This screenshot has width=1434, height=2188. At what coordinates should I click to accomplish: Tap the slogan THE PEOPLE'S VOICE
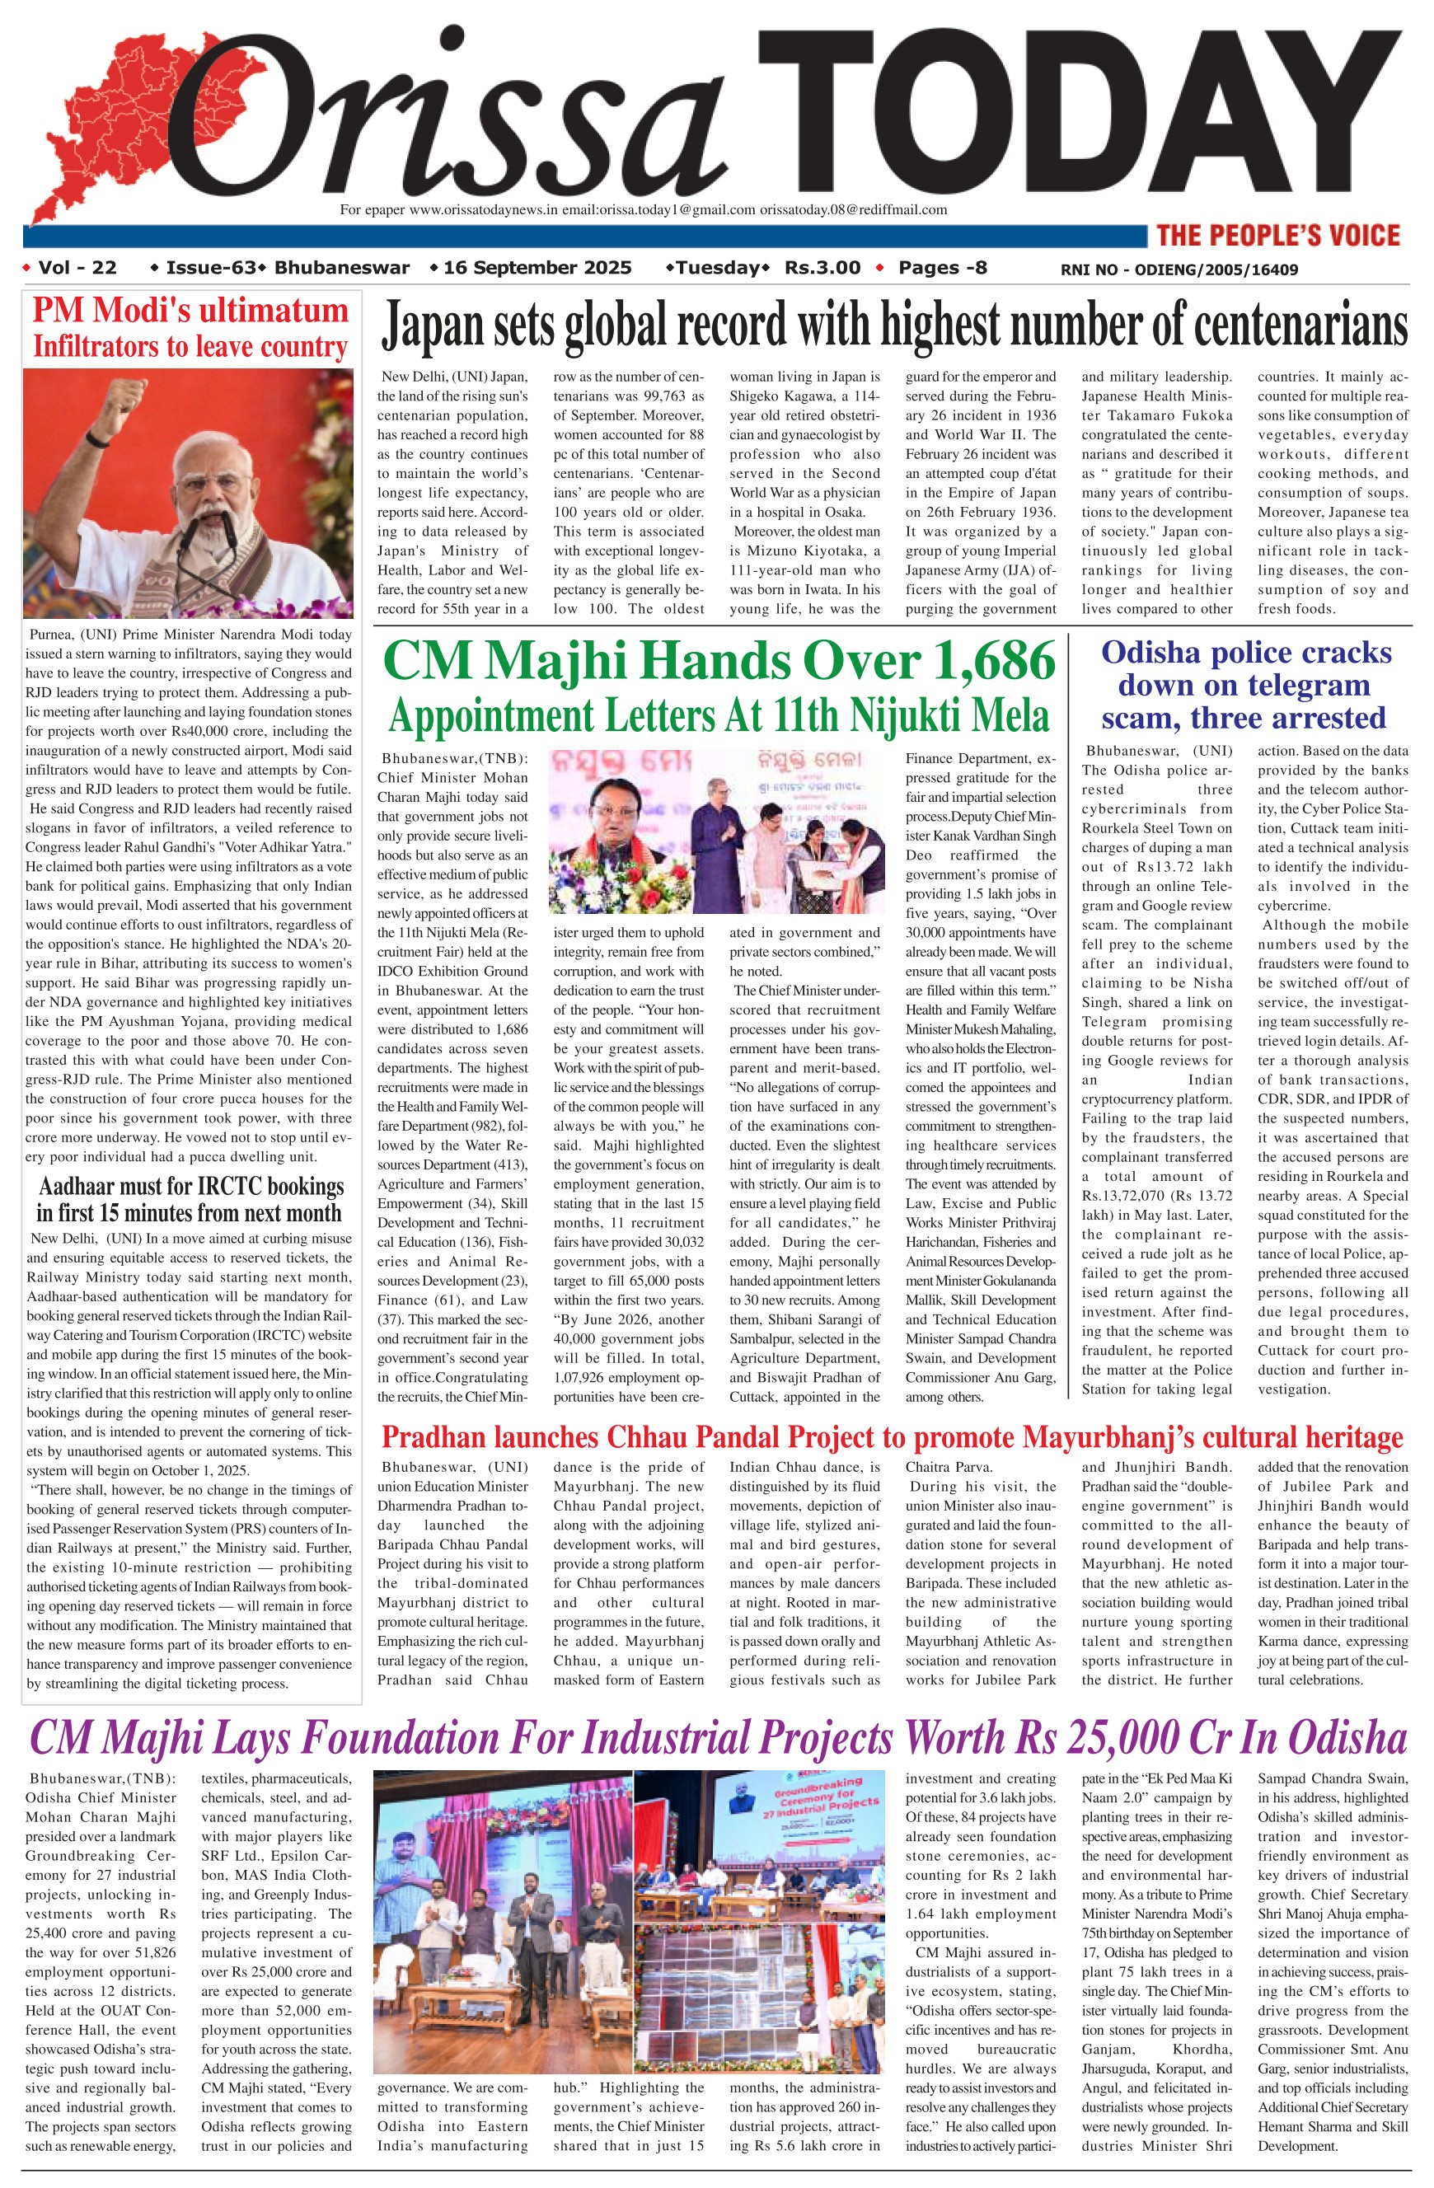tap(1277, 236)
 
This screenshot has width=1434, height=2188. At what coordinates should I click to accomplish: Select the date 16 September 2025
tap(537, 268)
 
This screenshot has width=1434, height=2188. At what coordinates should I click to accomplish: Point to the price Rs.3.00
tap(822, 268)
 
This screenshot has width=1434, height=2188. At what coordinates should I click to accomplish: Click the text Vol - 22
tap(77, 268)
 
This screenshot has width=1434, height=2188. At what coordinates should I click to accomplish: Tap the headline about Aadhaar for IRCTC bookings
tap(190, 1199)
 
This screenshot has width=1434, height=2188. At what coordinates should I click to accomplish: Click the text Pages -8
tap(942, 268)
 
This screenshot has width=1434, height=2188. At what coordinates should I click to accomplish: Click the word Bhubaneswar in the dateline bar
tap(342, 268)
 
